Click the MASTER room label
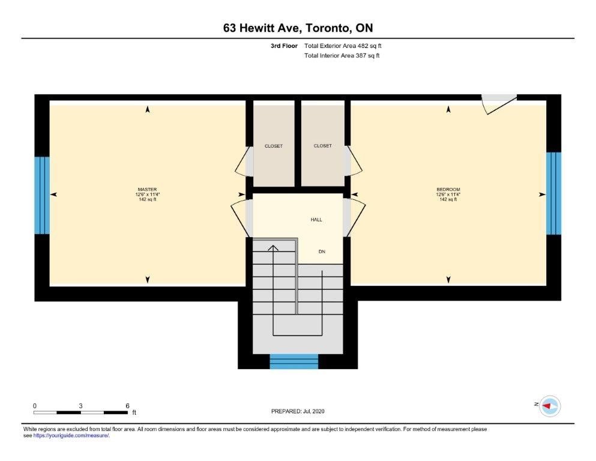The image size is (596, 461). [x=147, y=189]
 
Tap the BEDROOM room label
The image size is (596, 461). [x=448, y=189]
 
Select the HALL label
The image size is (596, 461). [x=316, y=220]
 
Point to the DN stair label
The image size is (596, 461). [x=322, y=252]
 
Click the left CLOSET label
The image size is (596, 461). [x=274, y=146]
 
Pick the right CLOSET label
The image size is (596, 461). [x=323, y=145]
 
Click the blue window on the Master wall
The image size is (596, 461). [x=42, y=195]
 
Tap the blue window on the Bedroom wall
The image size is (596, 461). [x=554, y=193]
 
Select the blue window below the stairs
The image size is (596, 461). [x=294, y=361]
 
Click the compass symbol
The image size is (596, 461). [x=550, y=406]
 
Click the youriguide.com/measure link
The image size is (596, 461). [x=71, y=436]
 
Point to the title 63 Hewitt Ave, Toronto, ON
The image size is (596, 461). [x=298, y=28]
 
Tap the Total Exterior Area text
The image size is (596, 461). [x=343, y=46]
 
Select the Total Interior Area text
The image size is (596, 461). [x=342, y=55]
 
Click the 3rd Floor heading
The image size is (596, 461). [x=284, y=46]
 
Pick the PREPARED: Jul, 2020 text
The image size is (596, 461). [x=298, y=411]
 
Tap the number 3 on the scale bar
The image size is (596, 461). [x=80, y=406]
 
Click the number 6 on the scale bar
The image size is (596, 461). [x=127, y=406]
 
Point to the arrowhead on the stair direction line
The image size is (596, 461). [x=273, y=248]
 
